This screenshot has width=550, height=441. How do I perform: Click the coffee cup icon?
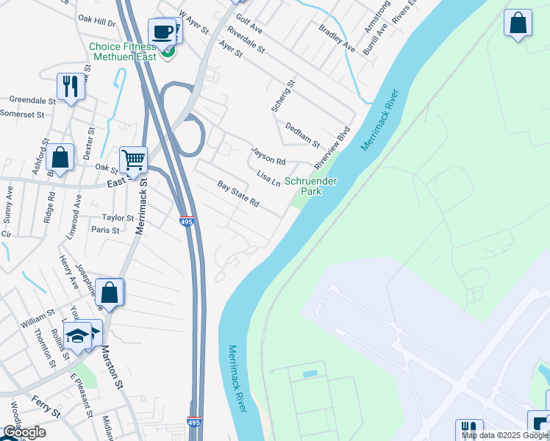[x=161, y=32]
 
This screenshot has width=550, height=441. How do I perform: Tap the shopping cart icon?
[x=133, y=159]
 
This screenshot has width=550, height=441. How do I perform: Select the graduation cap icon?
[x=76, y=335]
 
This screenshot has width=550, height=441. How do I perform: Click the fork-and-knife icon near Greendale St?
[x=71, y=86]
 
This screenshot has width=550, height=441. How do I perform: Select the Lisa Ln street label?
[x=268, y=178]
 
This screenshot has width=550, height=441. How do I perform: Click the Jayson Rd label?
[x=268, y=154]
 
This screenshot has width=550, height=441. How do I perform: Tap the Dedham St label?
[x=302, y=135]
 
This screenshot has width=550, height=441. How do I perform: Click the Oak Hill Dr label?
[x=97, y=23]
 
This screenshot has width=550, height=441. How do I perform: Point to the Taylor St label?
[x=118, y=218]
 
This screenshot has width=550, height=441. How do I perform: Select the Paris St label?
[x=105, y=230]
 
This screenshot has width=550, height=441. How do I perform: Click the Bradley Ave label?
[x=337, y=38]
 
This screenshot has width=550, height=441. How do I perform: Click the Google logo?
[x=24, y=432]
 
